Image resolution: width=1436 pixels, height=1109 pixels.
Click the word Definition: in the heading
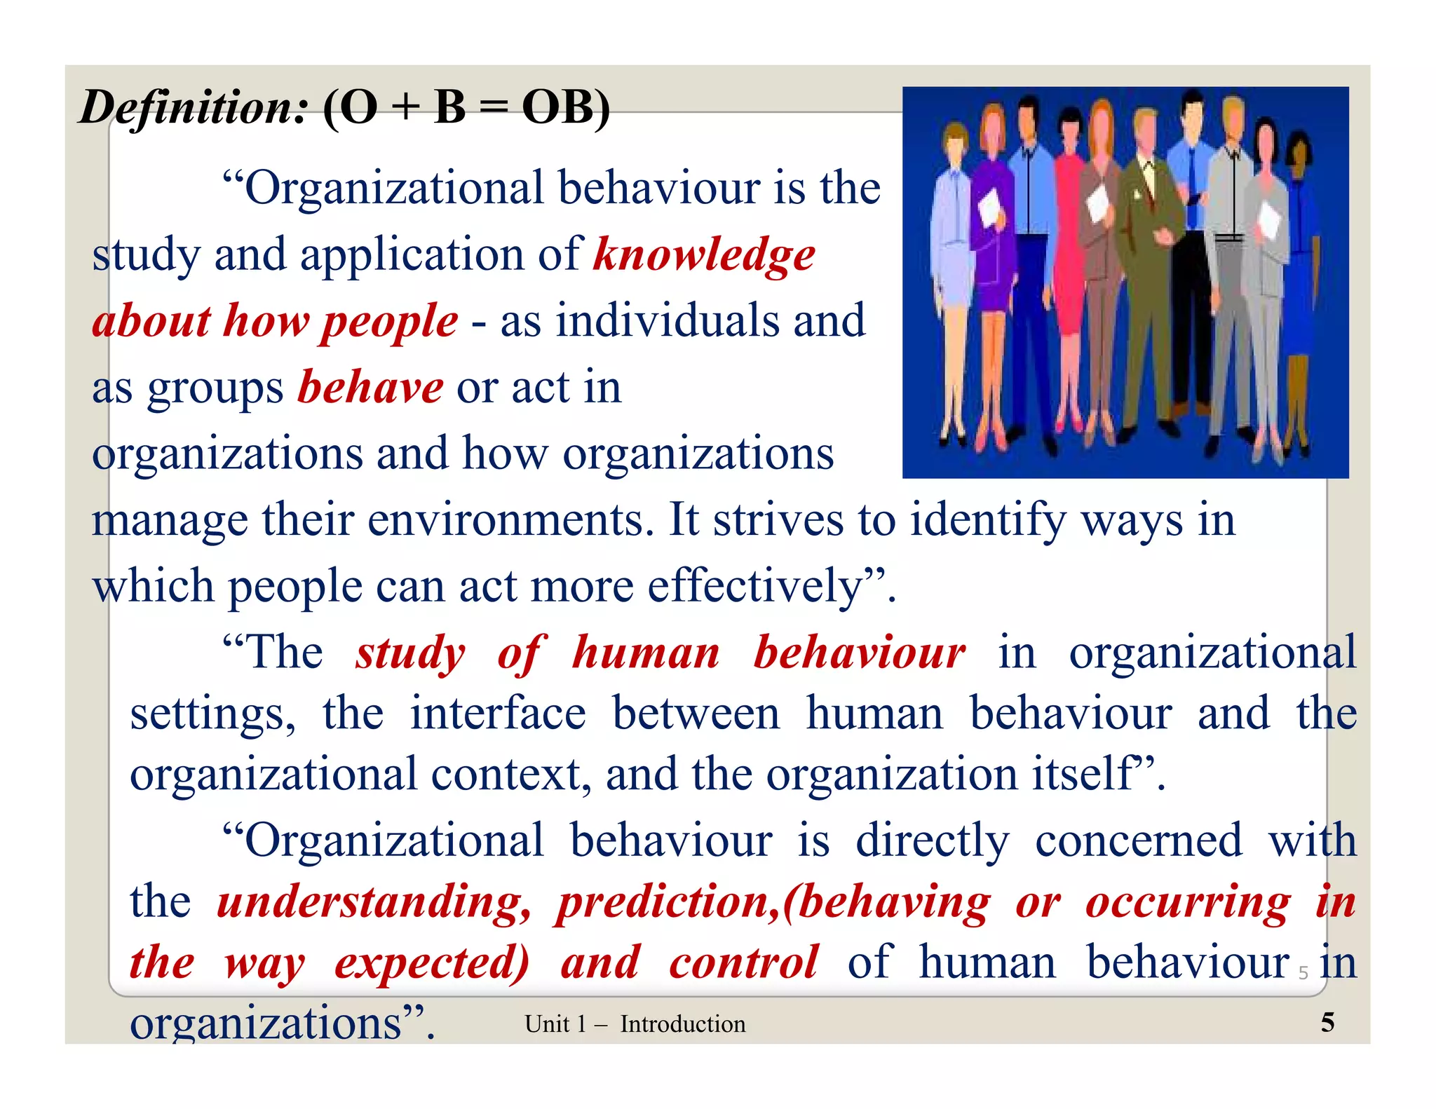click(194, 108)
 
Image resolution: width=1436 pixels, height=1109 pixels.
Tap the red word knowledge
click(704, 254)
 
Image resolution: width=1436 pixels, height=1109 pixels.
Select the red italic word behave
click(370, 388)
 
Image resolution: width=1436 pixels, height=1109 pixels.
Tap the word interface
click(498, 714)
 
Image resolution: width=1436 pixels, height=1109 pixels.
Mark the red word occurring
click(1188, 902)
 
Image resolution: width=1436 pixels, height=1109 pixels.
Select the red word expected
click(431, 964)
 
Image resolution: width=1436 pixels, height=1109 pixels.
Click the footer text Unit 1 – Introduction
click(635, 1024)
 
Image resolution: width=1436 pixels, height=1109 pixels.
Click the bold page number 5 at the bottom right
click(1327, 1023)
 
